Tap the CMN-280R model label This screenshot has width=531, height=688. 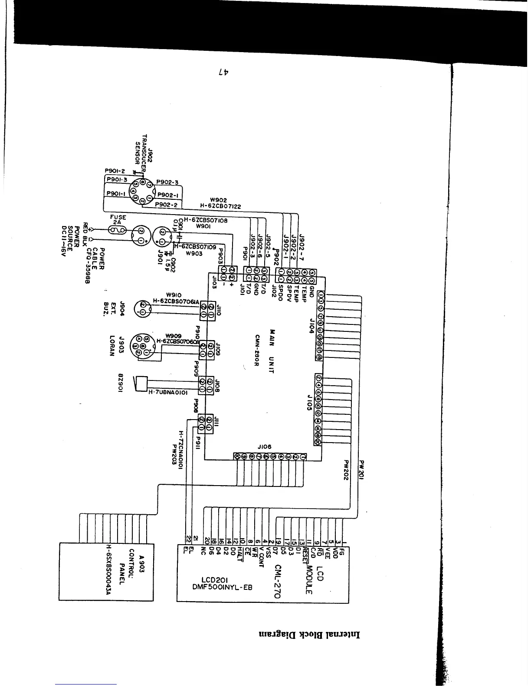257,351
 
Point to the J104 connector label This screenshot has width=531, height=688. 311,324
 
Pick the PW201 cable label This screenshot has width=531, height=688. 363,470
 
